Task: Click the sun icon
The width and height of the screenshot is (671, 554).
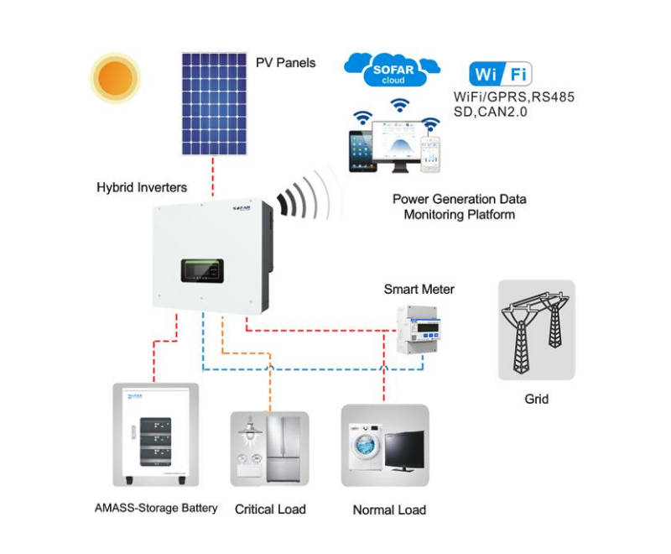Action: click(x=116, y=78)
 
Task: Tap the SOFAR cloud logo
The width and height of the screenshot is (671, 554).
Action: click(x=393, y=71)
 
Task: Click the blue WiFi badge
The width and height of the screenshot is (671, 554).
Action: click(x=502, y=73)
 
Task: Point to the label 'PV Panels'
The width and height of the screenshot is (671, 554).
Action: click(x=285, y=62)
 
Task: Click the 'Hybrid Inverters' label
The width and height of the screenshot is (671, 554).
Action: click(x=142, y=186)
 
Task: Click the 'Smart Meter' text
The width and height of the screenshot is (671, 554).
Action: click(x=419, y=290)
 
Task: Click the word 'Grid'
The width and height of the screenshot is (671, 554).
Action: click(x=536, y=399)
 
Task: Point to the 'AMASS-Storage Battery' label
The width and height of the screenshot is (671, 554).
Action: click(x=156, y=508)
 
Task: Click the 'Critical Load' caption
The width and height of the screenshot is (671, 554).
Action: click(x=270, y=509)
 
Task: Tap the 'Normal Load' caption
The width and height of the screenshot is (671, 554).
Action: click(x=389, y=510)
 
